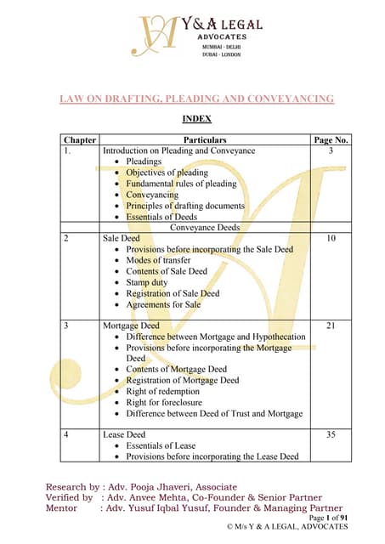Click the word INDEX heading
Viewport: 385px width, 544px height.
pos(197,119)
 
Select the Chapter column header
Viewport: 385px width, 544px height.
pos(80,139)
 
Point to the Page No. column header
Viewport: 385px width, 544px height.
pos(333,139)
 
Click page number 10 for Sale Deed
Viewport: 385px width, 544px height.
pos(332,239)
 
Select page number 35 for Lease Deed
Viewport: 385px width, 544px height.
pos(332,434)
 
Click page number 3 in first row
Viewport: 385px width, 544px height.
pos(332,150)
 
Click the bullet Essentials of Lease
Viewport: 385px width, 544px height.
pos(161,445)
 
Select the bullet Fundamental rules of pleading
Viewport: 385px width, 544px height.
pos(181,184)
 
